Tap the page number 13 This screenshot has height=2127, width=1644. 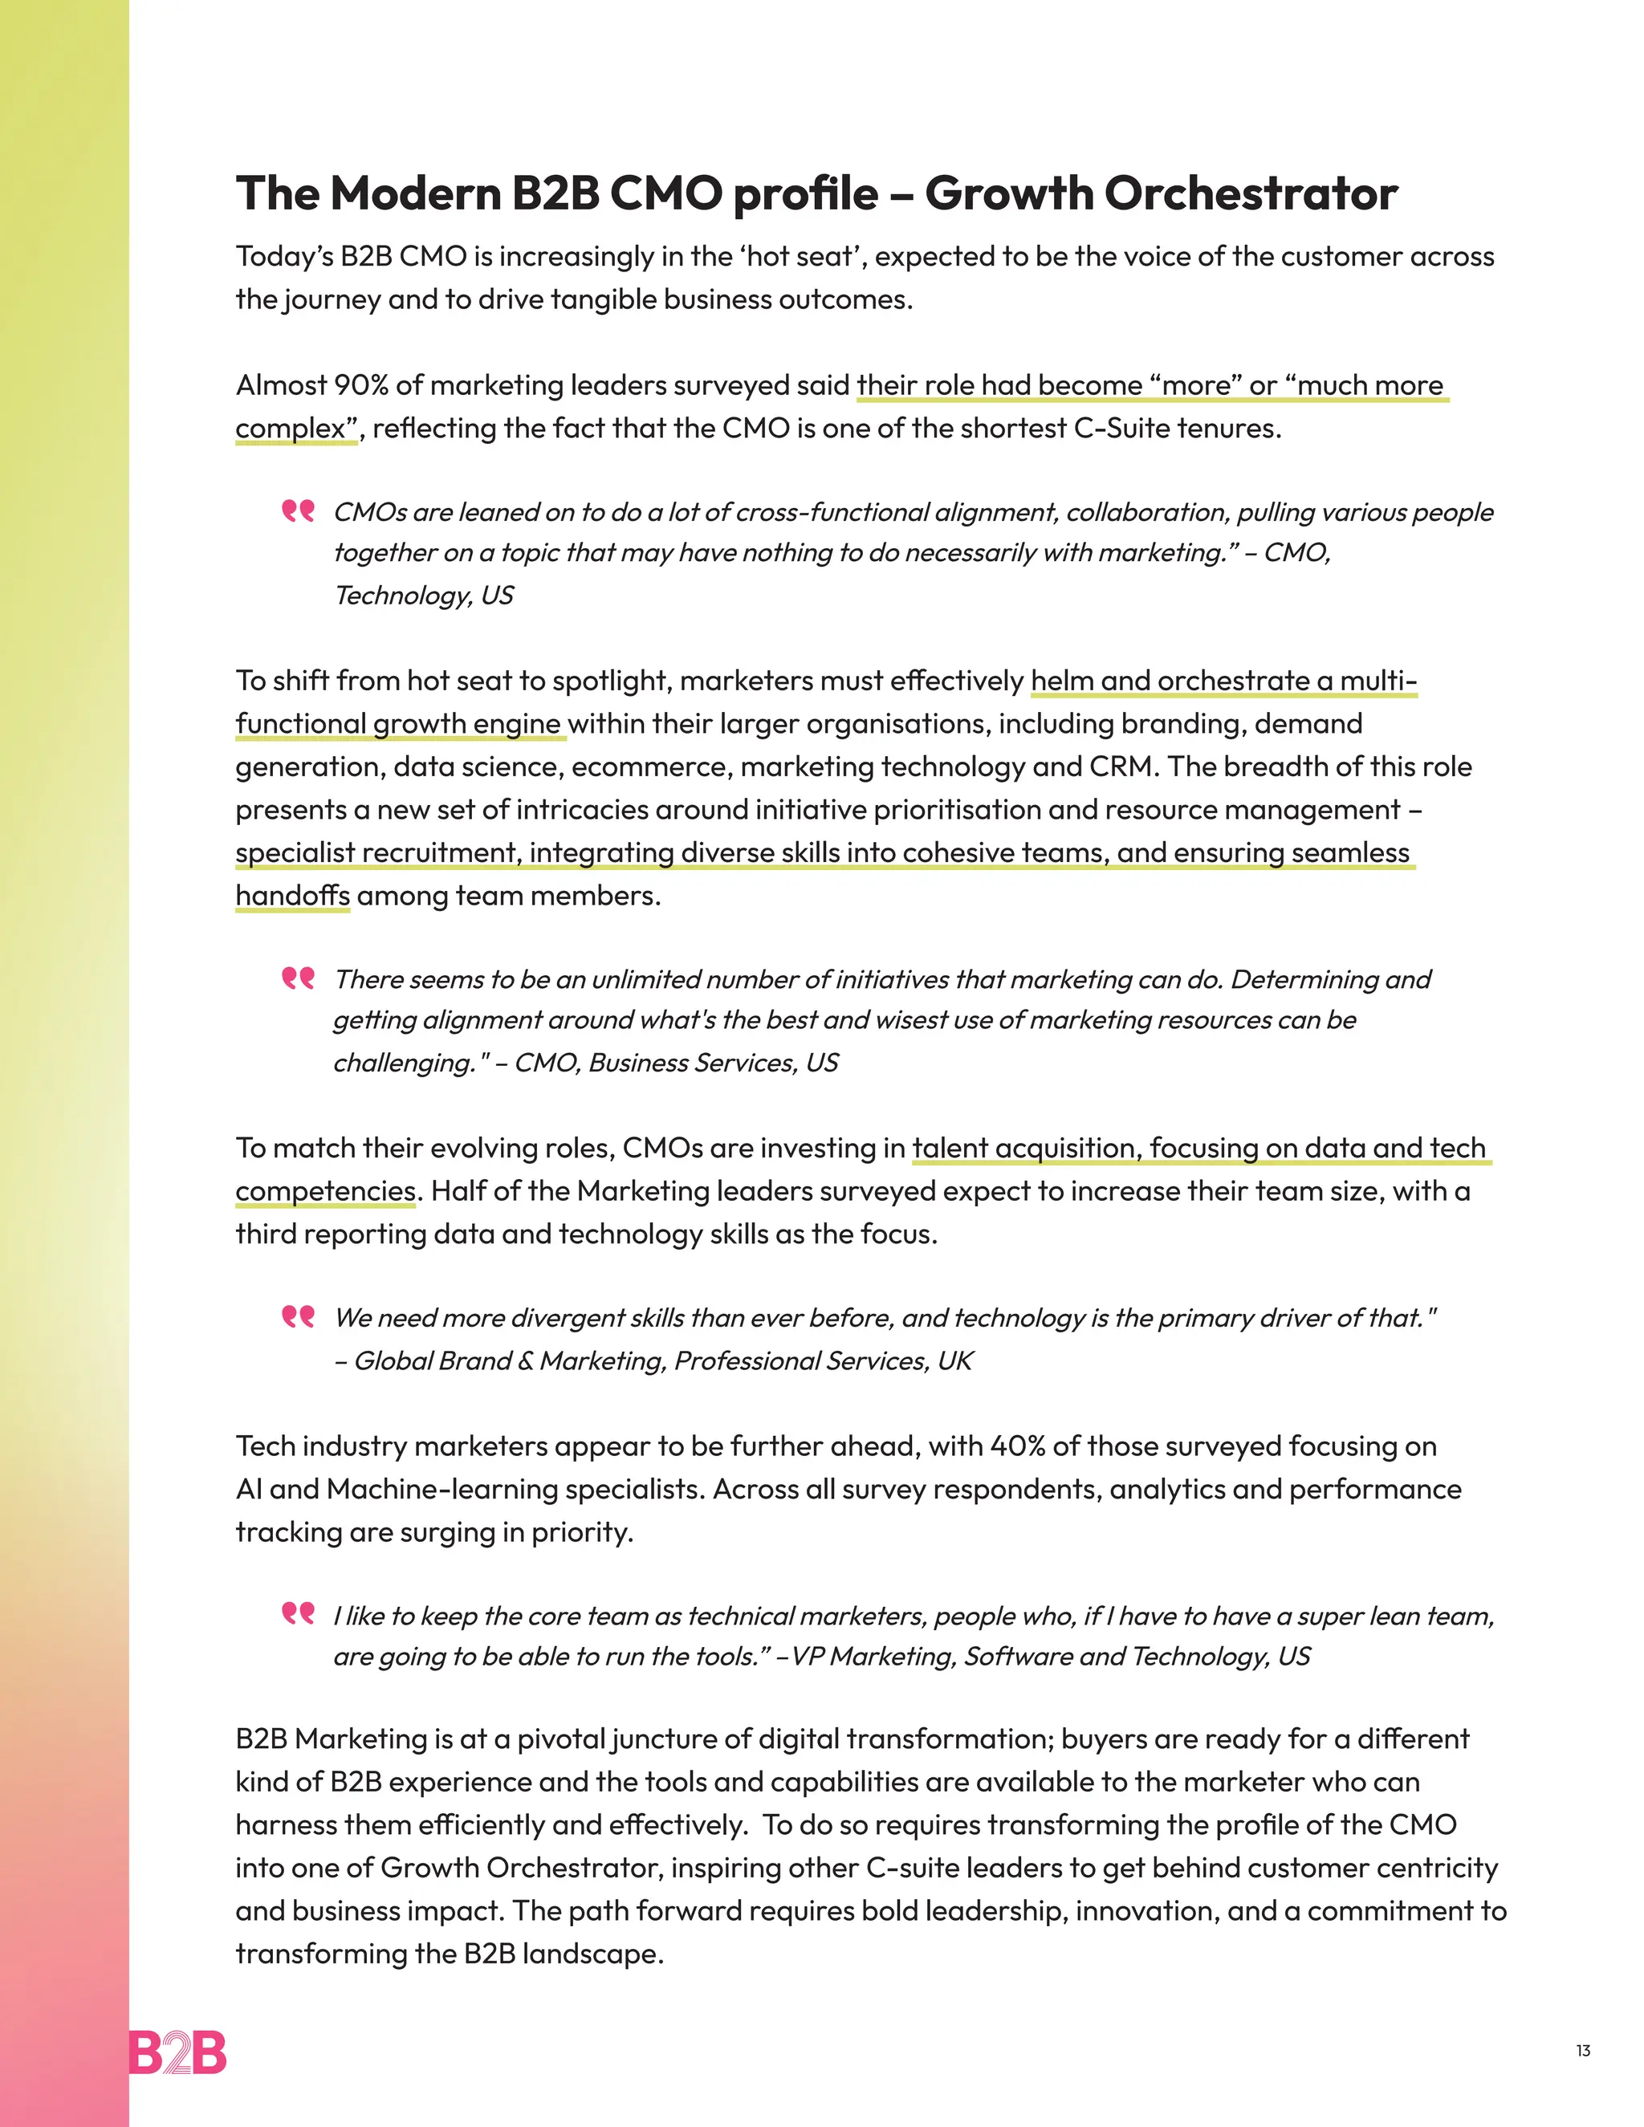click(1583, 2051)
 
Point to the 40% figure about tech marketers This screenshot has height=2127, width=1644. click(1017, 1446)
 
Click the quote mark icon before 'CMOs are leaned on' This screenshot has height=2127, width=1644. click(298, 510)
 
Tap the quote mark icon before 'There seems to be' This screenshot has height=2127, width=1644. click(298, 977)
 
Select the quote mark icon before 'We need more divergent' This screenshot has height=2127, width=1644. click(298, 1316)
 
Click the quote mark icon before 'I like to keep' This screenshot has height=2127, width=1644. click(298, 1614)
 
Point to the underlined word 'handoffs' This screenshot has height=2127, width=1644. click(292, 895)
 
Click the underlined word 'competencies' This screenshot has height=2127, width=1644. click(325, 1191)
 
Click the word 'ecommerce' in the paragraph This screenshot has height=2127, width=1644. click(648, 767)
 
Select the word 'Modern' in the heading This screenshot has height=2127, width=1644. click(416, 193)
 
